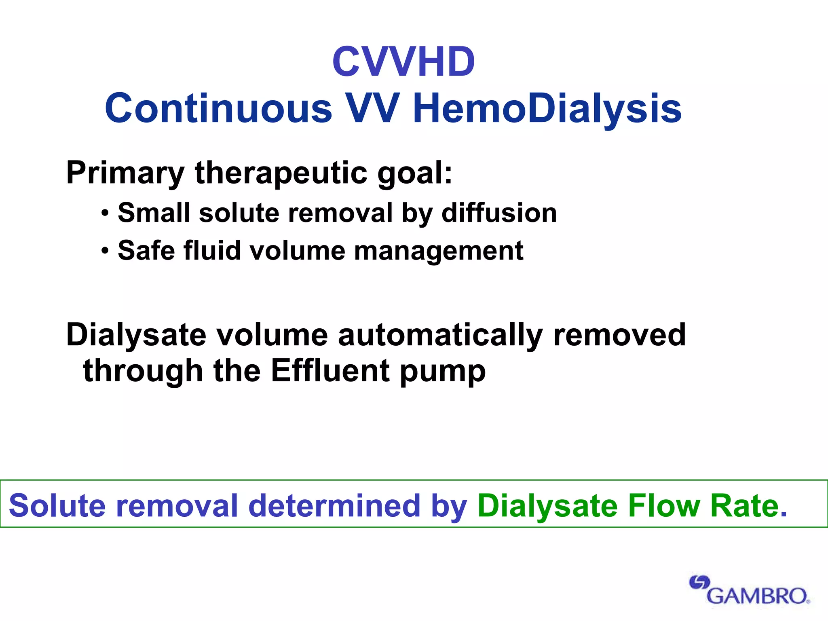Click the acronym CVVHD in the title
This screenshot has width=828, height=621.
pos(403,62)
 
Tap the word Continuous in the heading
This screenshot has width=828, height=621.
pos(218,108)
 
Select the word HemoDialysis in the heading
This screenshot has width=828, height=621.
pos(547,108)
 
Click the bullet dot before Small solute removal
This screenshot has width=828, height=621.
pos(105,213)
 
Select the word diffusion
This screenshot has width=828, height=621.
pos(499,213)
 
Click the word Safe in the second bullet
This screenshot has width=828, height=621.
pos(146,250)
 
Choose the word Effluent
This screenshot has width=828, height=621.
pos(330,371)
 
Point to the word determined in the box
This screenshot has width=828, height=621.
pos(334,505)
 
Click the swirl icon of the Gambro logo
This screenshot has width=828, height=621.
pos(699,583)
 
